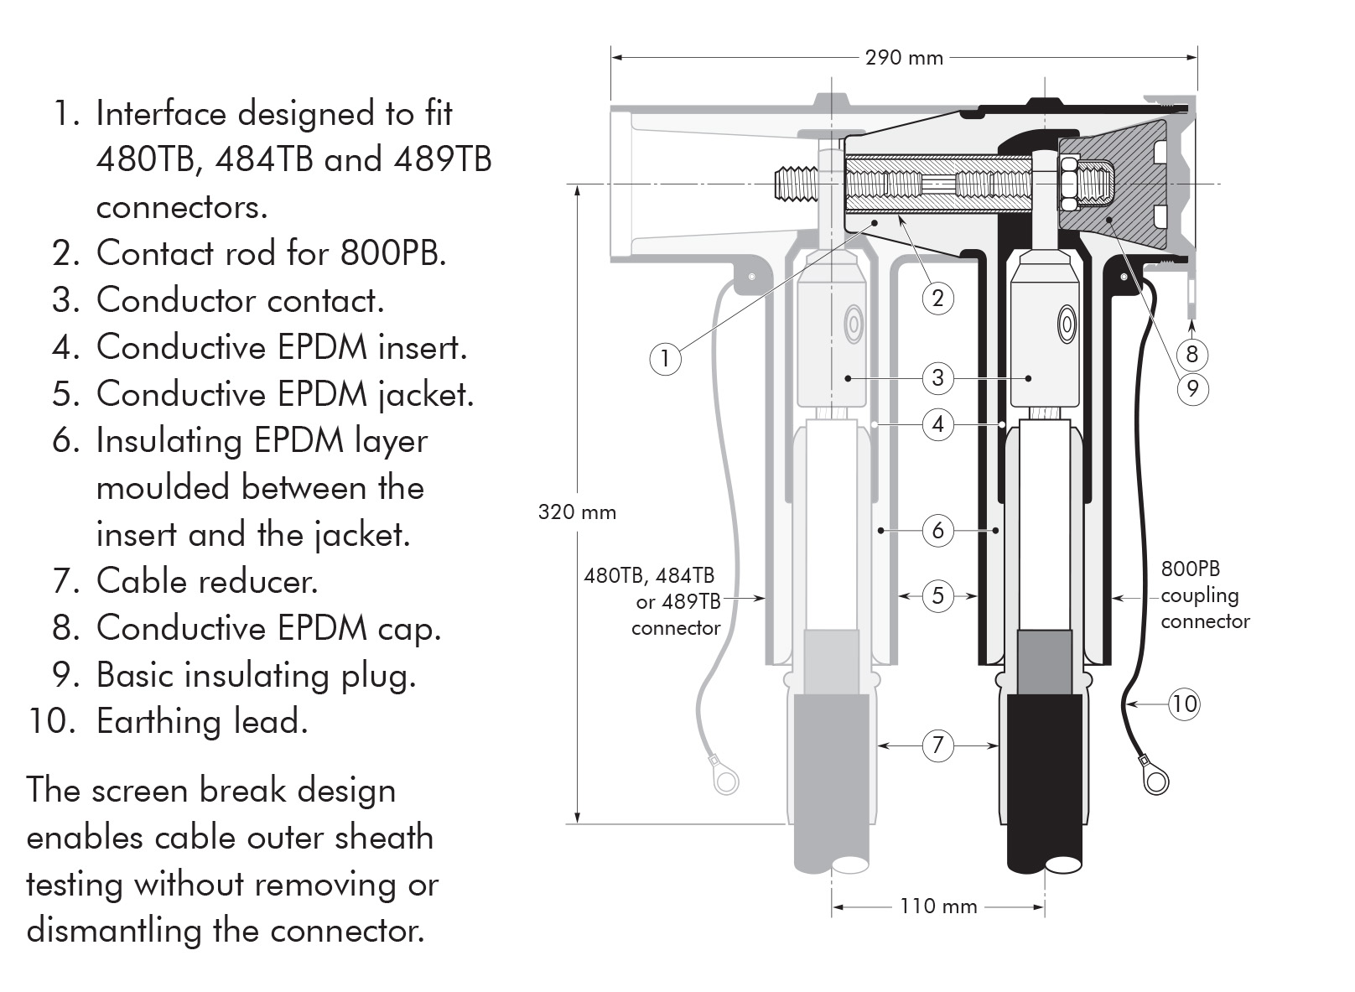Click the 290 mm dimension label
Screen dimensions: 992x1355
coord(903,58)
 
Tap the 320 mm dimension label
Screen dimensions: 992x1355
coord(577,512)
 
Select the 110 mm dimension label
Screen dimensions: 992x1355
coord(938,906)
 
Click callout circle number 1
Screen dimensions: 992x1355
coord(665,359)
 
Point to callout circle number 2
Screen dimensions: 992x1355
coord(937,298)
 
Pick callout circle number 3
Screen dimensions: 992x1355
coord(937,377)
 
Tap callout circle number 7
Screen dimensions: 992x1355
coord(937,745)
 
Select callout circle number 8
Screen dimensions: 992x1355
coord(1191,354)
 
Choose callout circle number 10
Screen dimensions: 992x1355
coord(1183,703)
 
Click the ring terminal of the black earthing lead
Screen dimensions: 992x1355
coord(1155,780)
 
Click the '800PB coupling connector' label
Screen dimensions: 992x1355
coord(1204,595)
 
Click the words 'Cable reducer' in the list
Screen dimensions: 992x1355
coord(207,581)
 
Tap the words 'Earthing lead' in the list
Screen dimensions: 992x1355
coord(202,721)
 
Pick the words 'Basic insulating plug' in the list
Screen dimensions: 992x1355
coord(256,675)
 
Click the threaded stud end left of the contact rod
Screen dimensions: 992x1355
coord(792,184)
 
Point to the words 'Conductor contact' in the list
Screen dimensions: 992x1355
coord(240,300)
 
